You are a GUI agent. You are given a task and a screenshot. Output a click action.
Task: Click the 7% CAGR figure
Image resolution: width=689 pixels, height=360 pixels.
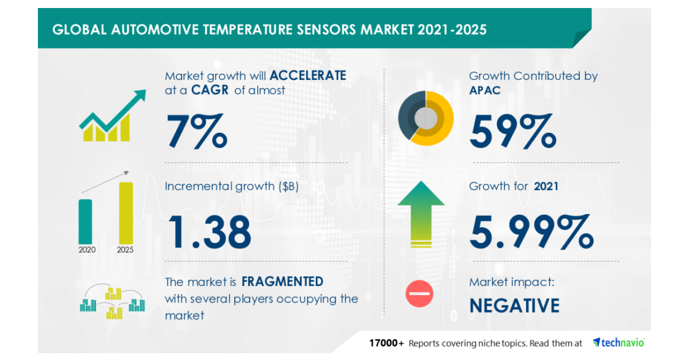pos(196,131)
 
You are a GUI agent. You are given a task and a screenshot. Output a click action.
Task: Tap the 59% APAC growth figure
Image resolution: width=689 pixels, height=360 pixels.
pos(513,131)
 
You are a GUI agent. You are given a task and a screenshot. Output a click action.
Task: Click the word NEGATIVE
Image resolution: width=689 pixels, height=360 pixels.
pos(514,305)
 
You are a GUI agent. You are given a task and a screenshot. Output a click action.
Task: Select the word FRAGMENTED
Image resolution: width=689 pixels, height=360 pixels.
pos(282,282)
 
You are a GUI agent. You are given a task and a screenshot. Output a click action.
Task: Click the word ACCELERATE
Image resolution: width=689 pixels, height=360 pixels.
pos(308,76)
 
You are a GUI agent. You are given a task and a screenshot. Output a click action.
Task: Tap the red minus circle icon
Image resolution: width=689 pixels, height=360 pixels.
pos(420,294)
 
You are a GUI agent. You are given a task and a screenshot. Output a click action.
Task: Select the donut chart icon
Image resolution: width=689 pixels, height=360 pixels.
pos(426,118)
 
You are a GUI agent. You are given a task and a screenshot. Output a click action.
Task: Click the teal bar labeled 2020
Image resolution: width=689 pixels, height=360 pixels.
pos(85,221)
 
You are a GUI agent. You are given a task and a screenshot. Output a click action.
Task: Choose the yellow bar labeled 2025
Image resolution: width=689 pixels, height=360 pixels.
pos(126,212)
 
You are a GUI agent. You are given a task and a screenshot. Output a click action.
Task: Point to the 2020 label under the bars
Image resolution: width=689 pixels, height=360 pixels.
pos(87,250)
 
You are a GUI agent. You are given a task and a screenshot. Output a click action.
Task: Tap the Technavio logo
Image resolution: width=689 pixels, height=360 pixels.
pos(618,343)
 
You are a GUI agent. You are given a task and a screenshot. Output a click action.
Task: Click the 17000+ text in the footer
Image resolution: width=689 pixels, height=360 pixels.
pos(386,343)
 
